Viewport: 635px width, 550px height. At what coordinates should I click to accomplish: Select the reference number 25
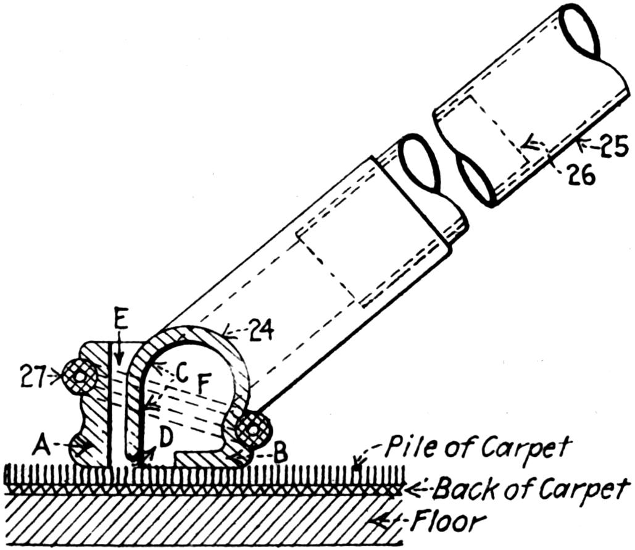pos(613,148)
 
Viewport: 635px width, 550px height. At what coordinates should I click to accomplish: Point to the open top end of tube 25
pos(581,31)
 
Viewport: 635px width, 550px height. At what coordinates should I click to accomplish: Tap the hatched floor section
pos(185,522)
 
